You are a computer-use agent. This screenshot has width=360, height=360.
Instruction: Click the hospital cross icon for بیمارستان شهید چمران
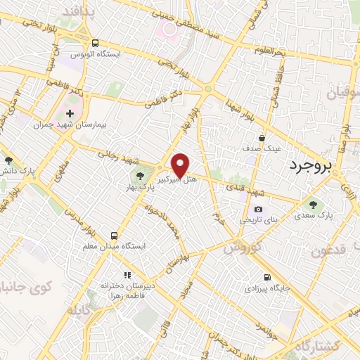[70, 113]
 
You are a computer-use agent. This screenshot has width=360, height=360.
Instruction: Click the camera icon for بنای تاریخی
[259, 209]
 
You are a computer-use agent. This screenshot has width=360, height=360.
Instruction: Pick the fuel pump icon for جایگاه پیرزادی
[266, 277]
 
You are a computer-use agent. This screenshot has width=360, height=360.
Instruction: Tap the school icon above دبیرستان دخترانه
[127, 275]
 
